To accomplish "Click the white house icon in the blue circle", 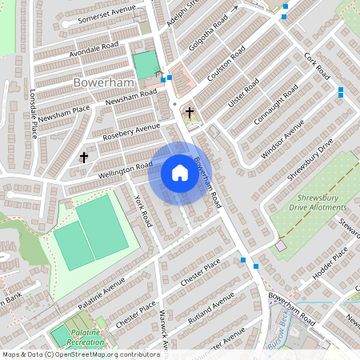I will tap(179, 174).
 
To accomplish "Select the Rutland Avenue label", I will tap(211, 306).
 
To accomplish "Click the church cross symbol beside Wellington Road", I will tap(84, 157).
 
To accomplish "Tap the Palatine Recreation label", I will tap(79, 337).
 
